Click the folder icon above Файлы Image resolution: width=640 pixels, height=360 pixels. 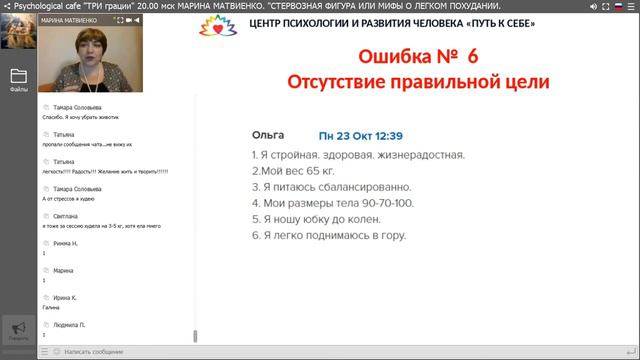pos(18,75)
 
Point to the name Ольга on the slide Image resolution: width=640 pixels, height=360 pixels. pos(268,134)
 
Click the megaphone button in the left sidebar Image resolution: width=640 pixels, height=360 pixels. pos(18,329)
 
